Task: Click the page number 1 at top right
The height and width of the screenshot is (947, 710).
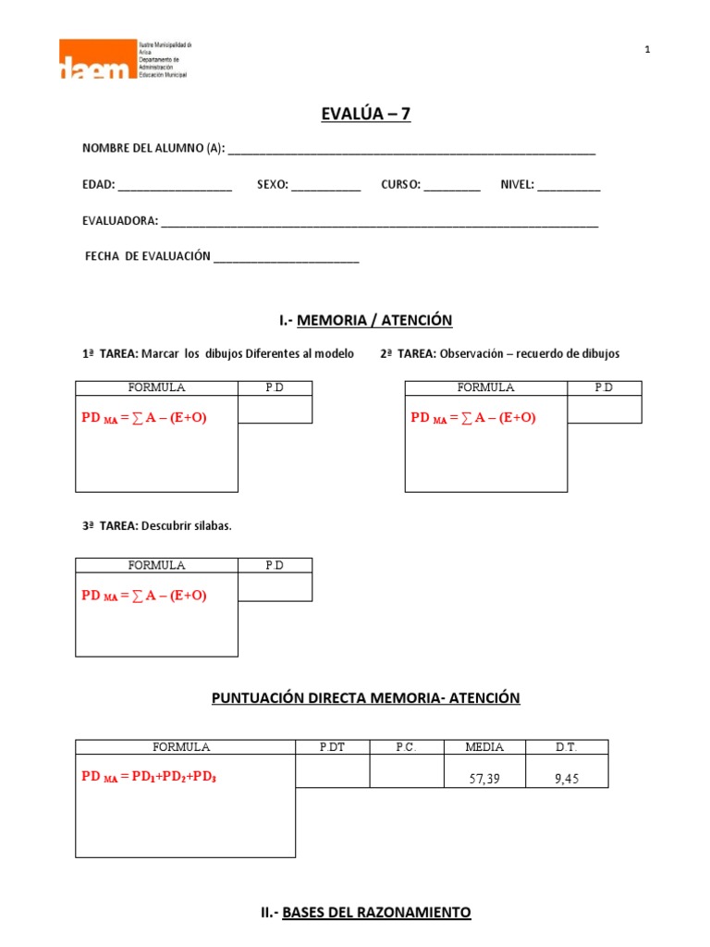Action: click(648, 50)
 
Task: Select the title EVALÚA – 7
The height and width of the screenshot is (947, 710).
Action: click(364, 114)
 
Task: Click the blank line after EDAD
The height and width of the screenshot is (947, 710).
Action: click(175, 187)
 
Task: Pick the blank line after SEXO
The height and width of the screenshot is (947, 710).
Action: click(326, 187)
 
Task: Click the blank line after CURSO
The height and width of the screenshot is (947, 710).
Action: click(452, 187)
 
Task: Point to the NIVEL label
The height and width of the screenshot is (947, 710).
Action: click(517, 185)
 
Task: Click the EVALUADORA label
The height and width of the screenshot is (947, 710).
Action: click(120, 221)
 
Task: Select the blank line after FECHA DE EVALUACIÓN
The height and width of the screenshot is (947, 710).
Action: click(286, 259)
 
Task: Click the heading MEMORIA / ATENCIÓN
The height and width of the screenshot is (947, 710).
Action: click(374, 320)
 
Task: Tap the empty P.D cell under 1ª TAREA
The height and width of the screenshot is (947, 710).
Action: click(275, 409)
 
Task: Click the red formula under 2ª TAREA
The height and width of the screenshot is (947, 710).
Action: click(472, 417)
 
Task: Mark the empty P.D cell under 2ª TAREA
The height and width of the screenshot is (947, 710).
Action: click(604, 409)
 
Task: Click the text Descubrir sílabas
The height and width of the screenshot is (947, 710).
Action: click(186, 526)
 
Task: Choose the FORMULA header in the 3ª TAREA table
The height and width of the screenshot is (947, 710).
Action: click(156, 565)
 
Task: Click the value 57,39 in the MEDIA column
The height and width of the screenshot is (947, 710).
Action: click(484, 779)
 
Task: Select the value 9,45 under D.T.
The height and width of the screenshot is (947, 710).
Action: click(566, 779)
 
